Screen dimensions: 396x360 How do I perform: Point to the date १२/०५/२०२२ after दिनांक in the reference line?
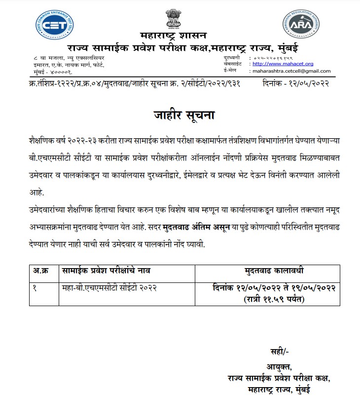(314, 84)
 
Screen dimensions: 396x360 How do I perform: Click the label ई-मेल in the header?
(230, 71)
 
